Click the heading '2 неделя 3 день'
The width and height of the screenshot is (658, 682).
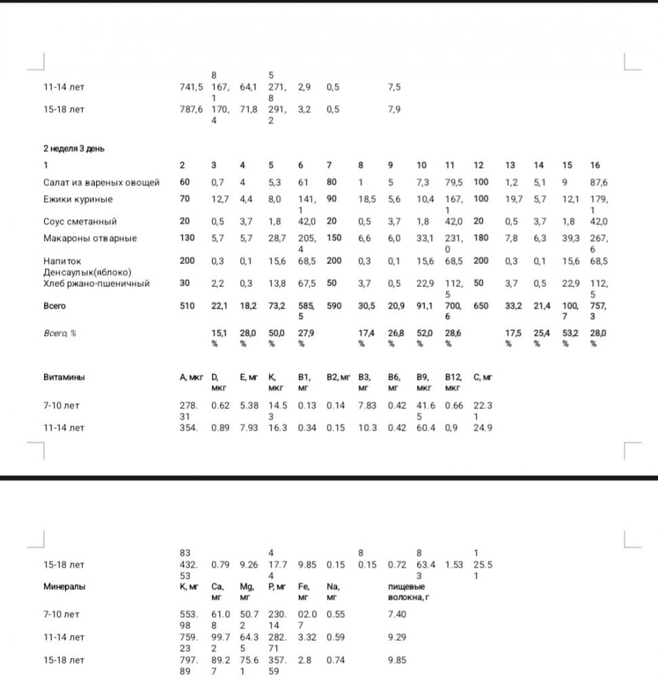(74, 149)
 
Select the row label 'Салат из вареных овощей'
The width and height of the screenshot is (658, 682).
(102, 183)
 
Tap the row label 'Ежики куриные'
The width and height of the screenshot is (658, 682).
(78, 200)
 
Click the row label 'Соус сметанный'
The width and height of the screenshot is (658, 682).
(80, 221)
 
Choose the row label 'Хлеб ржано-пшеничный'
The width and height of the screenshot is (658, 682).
(96, 283)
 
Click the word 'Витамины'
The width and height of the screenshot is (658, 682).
(64, 378)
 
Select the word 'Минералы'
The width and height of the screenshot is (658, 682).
(64, 587)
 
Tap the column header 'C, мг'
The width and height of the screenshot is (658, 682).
(483, 378)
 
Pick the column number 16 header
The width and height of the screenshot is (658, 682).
(595, 165)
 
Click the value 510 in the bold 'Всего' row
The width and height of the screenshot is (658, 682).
(187, 306)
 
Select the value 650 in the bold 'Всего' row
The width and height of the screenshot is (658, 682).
(481, 306)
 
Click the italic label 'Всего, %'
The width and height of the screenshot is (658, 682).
(60, 332)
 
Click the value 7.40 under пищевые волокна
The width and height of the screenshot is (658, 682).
(397, 613)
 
